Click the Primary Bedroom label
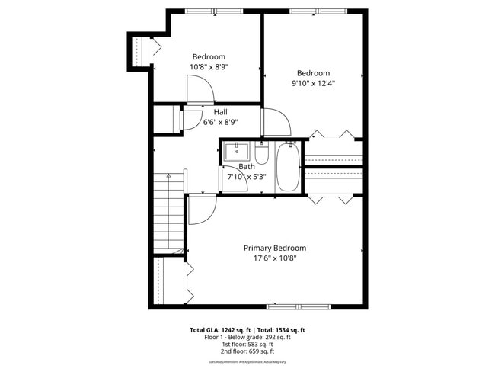(274, 248)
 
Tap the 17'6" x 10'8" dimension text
(274, 258)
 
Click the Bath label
(247, 166)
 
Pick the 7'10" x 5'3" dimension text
(247, 177)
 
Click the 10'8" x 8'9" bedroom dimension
(209, 67)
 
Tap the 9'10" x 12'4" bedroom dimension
(313, 83)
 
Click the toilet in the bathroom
(261, 156)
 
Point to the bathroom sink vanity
(236, 151)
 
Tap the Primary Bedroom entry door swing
(201, 210)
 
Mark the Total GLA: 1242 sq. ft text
(221, 330)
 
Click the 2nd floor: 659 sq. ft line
(247, 351)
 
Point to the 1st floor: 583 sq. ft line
(247, 344)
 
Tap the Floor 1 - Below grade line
(247, 337)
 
